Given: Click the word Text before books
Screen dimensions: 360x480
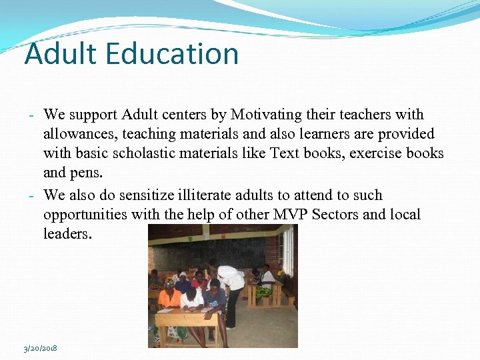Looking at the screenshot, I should click(285, 153).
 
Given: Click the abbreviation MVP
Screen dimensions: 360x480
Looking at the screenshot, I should click(291, 215).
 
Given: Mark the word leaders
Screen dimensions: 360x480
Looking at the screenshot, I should click(68, 234).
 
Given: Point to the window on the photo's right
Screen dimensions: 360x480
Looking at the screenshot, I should click(288, 250).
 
